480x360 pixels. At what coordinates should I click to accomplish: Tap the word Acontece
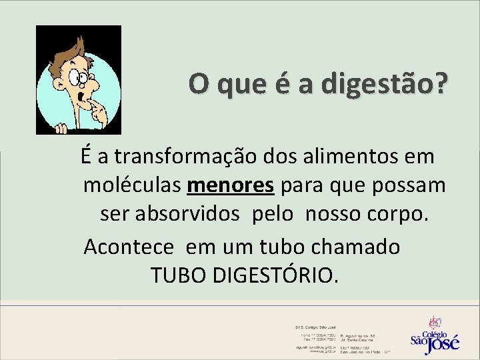coord(130,246)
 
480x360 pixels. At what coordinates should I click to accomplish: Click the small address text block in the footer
coord(340,339)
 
